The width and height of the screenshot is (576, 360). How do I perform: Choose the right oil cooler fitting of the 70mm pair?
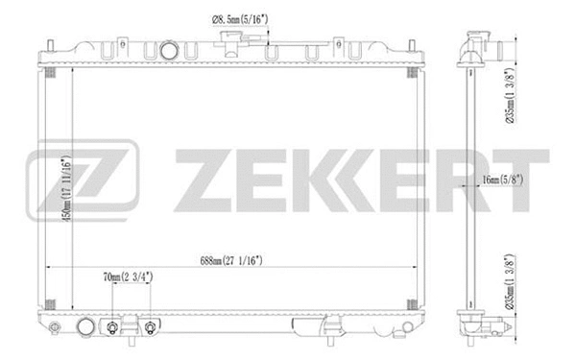pos(152,330)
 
